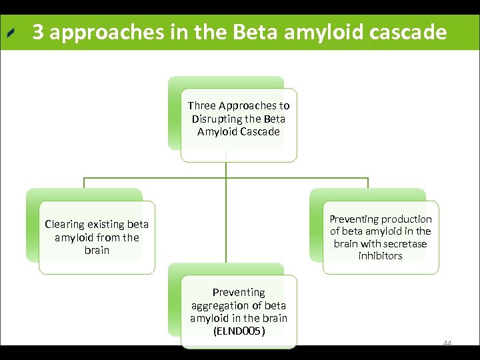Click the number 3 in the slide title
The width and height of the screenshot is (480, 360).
click(x=38, y=33)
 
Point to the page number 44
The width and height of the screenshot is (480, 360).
click(x=447, y=343)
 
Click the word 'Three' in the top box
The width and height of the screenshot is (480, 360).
click(x=201, y=105)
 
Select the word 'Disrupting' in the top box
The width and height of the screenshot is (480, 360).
click(x=217, y=119)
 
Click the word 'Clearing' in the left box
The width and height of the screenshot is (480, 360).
click(x=65, y=225)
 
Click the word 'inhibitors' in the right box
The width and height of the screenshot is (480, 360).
click(x=380, y=256)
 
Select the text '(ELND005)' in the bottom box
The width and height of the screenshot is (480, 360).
click(x=239, y=331)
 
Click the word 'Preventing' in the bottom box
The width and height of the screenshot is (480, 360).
click(x=239, y=293)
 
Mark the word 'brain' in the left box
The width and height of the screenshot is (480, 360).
click(x=97, y=251)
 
